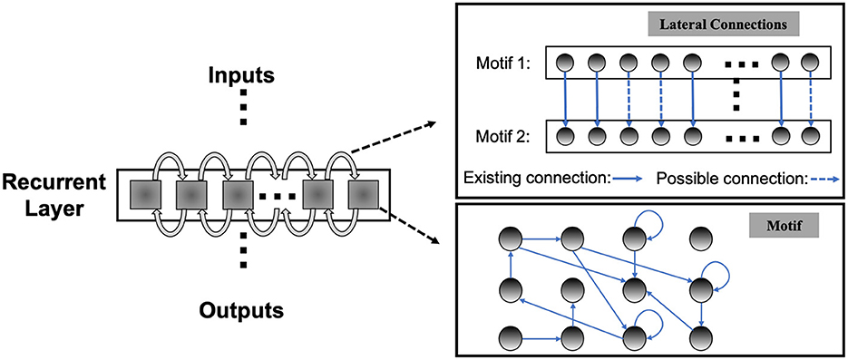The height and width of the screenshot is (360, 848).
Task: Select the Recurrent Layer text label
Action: [54, 195]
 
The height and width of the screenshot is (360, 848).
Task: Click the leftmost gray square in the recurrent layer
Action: [146, 195]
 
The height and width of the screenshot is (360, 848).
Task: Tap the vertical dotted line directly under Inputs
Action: [241, 110]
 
